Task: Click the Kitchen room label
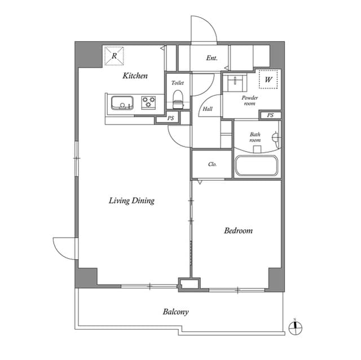click(x=135, y=75)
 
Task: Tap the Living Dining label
click(x=131, y=201)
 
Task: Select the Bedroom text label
click(x=238, y=230)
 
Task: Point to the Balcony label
click(x=175, y=312)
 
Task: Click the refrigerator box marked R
click(x=114, y=56)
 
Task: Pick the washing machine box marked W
click(x=268, y=79)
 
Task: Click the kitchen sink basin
click(x=121, y=103)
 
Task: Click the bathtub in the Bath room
click(x=256, y=166)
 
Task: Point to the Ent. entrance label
click(x=212, y=58)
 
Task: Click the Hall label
click(x=208, y=109)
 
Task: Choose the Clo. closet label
click(x=213, y=165)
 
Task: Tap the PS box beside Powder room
click(x=270, y=115)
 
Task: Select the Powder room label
click(x=249, y=101)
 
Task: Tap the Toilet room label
click(x=178, y=82)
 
